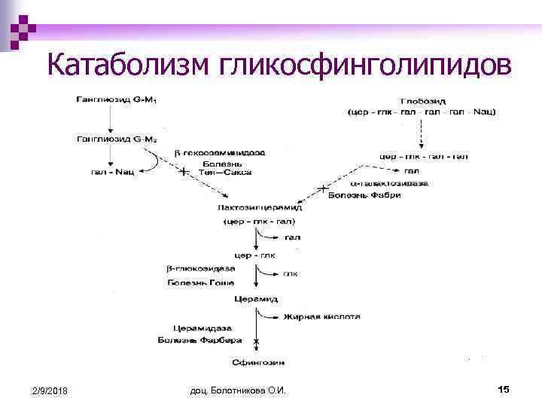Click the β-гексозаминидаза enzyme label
[x=220, y=153]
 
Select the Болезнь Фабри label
[x=365, y=195]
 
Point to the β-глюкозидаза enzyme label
[x=200, y=269]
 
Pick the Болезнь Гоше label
[x=200, y=283]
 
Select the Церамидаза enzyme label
[x=202, y=329]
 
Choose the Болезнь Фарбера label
[x=200, y=341]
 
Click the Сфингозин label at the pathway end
[x=257, y=362]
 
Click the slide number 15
[x=504, y=389]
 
